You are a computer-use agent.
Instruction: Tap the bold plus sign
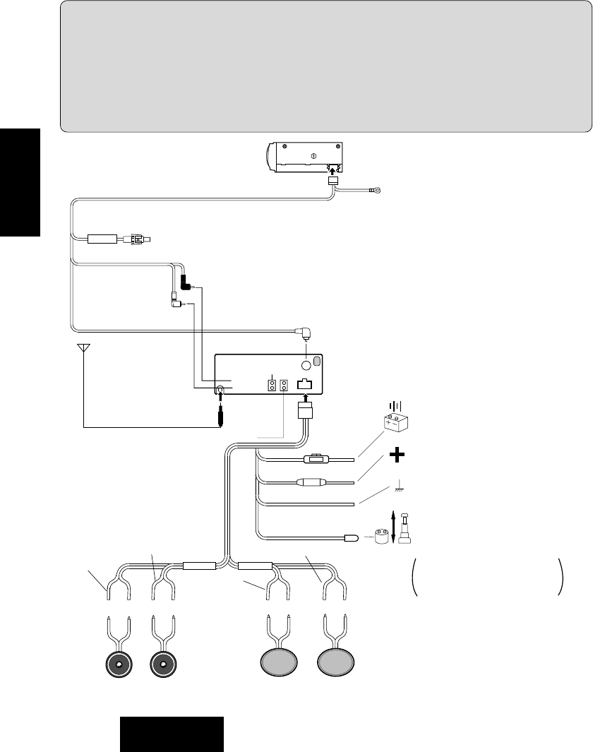click(x=397, y=455)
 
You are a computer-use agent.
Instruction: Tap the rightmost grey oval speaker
click(x=336, y=664)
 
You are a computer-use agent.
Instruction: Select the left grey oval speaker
click(x=280, y=664)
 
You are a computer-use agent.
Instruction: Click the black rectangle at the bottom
click(x=172, y=734)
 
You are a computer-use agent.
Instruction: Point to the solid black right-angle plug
click(x=186, y=284)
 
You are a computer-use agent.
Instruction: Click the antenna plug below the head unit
click(x=222, y=417)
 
